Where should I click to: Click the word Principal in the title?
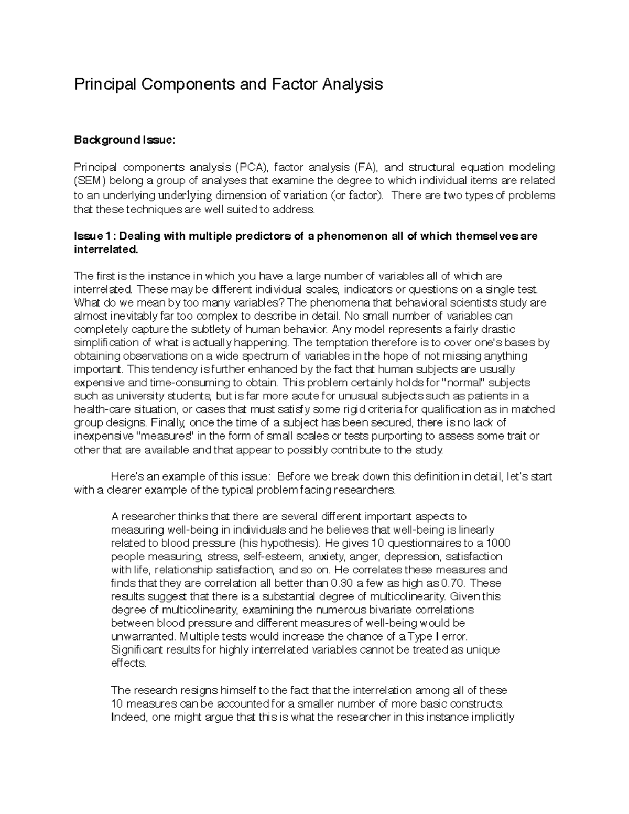[x=100, y=84]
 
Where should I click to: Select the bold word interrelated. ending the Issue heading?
[x=107, y=249]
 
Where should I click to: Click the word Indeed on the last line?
[x=129, y=718]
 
